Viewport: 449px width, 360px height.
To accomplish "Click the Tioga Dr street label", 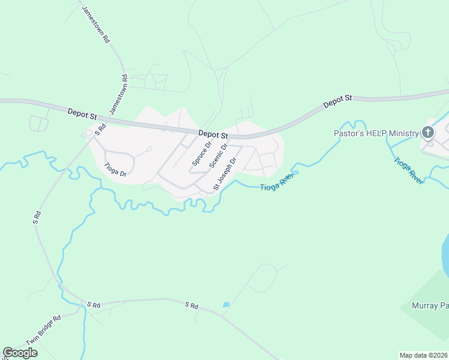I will (115, 170).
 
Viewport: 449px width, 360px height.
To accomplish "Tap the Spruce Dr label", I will (202, 154).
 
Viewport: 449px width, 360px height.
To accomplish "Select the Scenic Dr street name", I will (218, 156).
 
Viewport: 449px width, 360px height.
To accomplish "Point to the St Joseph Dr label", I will (226, 174).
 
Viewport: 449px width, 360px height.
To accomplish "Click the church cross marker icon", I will (428, 133).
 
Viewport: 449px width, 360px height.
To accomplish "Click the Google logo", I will (20, 353).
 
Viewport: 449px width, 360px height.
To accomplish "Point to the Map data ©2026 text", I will (423, 355).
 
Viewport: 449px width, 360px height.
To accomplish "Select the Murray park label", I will (430, 305).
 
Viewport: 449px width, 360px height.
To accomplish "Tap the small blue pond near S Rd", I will (226, 305).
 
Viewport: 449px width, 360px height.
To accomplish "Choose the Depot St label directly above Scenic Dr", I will (213, 136).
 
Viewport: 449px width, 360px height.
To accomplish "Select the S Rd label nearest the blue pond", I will (191, 305).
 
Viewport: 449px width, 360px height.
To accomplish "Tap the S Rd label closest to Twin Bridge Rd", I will (92, 305).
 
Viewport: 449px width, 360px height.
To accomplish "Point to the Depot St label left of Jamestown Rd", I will (82, 112).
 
